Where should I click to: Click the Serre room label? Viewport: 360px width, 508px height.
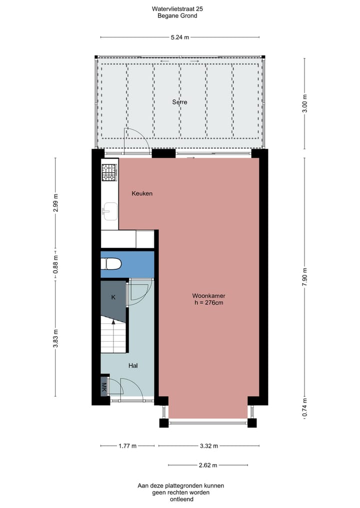[179, 102]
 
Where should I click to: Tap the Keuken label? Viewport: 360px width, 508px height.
[142, 193]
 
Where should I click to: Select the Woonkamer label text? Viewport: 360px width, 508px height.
[208, 296]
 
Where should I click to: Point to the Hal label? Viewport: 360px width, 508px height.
[133, 366]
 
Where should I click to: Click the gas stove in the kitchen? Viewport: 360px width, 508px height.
[109, 173]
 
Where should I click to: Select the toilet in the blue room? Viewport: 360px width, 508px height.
[112, 264]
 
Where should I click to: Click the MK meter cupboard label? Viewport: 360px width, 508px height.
[104, 388]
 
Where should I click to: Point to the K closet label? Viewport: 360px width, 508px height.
[113, 298]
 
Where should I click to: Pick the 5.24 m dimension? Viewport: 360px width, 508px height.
[179, 37]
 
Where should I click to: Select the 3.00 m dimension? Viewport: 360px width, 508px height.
[304, 103]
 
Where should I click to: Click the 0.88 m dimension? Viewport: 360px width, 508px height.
[55, 264]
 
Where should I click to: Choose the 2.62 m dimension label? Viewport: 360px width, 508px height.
[207, 465]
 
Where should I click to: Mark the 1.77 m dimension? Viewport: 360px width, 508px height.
[127, 446]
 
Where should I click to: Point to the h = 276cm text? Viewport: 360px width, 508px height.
[208, 303]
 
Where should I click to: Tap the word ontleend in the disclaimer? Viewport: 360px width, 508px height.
[180, 499]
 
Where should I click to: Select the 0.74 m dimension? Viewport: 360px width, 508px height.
[304, 408]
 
